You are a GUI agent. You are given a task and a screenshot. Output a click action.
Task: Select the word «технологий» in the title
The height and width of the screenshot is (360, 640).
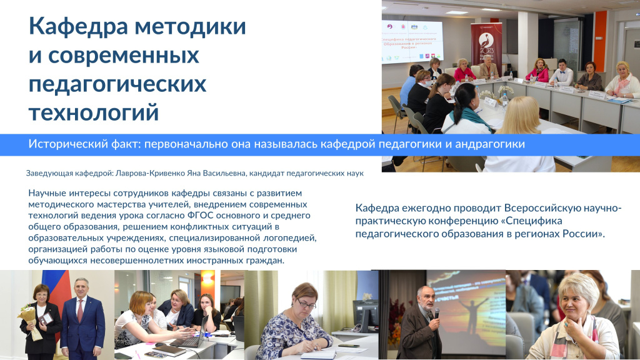(94, 112)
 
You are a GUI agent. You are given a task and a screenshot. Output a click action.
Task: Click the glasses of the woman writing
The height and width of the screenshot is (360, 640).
(306, 304)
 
